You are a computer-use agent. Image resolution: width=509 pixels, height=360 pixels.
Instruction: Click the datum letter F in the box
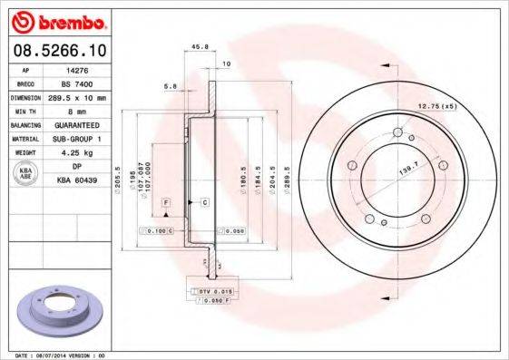[x=166, y=200]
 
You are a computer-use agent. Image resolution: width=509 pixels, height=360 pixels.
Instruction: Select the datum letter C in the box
[x=205, y=201]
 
